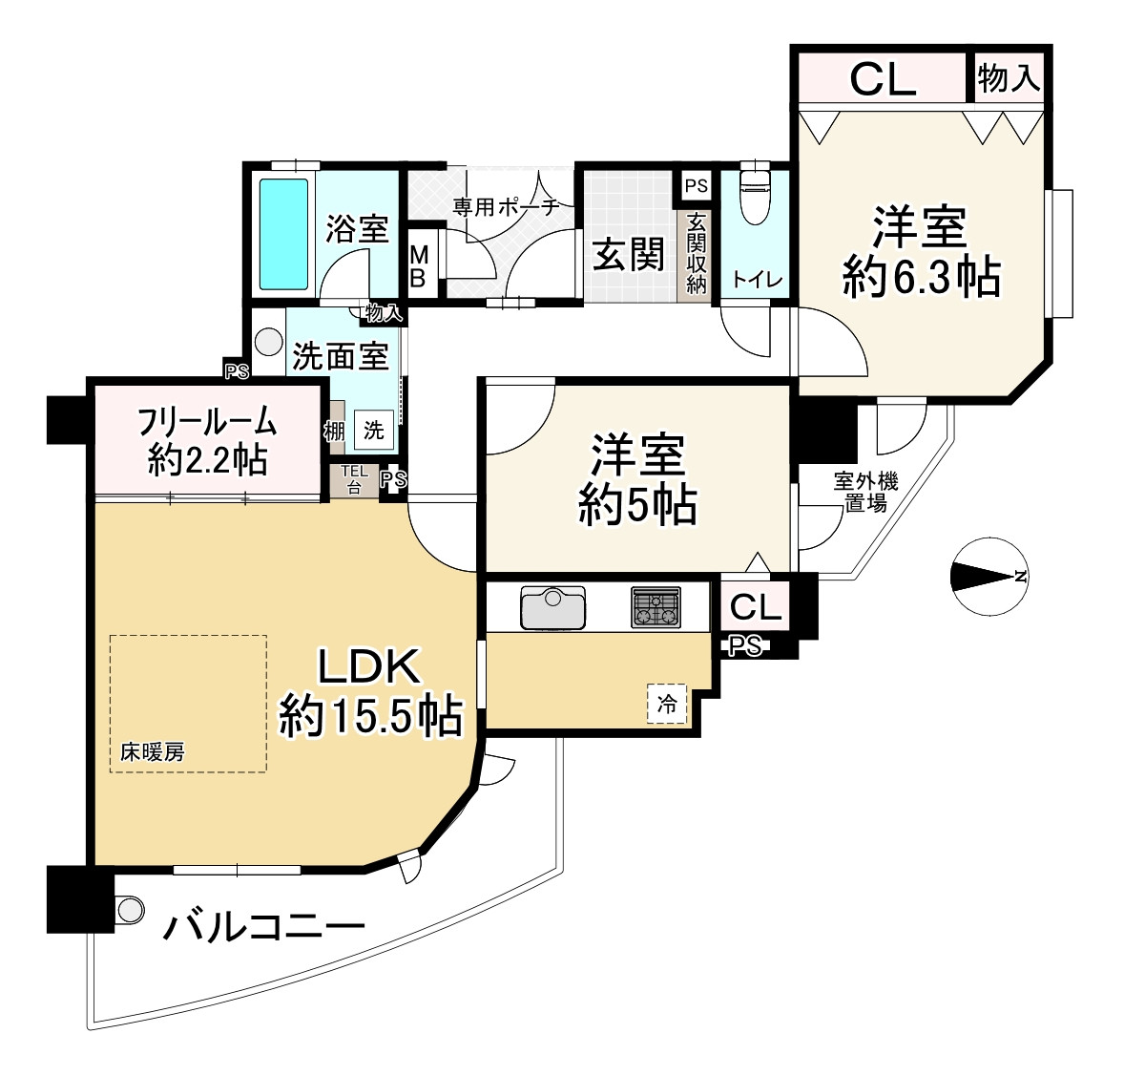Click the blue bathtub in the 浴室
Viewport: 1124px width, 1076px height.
(x=283, y=234)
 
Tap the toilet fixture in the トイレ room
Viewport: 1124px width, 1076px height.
(x=754, y=195)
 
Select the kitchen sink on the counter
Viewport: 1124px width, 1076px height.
(x=552, y=607)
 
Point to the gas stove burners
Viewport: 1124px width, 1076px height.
(x=656, y=607)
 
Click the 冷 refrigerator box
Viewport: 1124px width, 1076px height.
(x=667, y=704)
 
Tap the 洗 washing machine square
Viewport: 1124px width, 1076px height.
(x=373, y=430)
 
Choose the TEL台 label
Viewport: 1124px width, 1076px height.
(x=354, y=479)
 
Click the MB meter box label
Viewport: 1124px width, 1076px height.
(x=419, y=265)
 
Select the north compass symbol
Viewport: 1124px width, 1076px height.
(x=989, y=576)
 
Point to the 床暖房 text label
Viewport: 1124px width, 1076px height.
(x=152, y=751)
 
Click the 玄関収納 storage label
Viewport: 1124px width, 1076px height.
(x=696, y=253)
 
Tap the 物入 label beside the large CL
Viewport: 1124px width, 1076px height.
(x=1010, y=77)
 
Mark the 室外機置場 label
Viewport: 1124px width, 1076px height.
(x=866, y=492)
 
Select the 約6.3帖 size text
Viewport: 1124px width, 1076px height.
(x=921, y=277)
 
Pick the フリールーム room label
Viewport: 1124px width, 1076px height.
(x=207, y=421)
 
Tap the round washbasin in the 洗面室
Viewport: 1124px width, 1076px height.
(x=269, y=342)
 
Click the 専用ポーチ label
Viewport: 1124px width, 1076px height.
(x=506, y=207)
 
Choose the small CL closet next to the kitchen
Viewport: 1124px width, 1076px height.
(x=755, y=607)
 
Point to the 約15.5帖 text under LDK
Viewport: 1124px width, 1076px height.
(x=370, y=715)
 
